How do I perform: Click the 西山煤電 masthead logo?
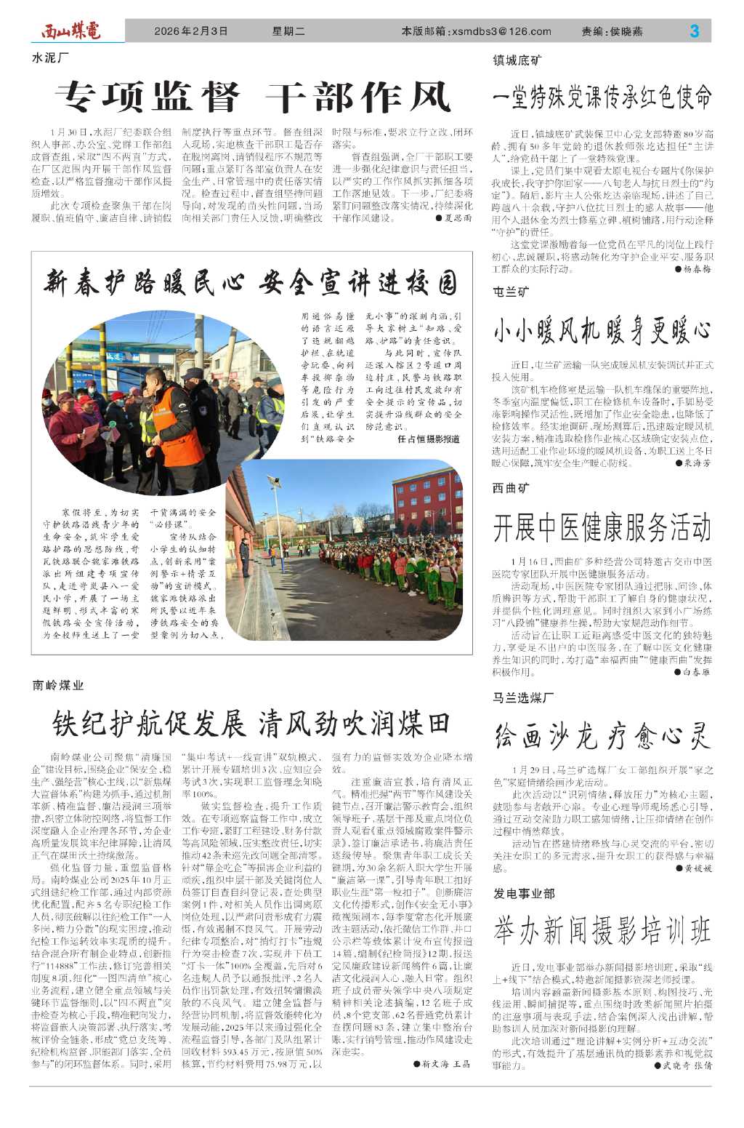point(70,31)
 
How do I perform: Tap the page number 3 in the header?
point(694,31)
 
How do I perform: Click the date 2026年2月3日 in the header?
point(191,31)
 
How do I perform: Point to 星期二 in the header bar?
point(288,31)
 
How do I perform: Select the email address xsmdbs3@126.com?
point(501,31)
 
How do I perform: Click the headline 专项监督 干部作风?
point(253,97)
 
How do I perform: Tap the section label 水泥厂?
point(51,57)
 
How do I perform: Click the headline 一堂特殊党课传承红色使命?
point(602,97)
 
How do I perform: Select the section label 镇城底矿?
point(517,60)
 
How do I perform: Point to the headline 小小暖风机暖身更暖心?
point(602,331)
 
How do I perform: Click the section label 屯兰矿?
point(511,292)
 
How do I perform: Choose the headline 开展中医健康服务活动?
point(602,527)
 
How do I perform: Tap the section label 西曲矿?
point(511,488)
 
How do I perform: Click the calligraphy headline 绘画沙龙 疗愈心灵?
point(602,736)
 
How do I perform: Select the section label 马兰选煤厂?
point(523,697)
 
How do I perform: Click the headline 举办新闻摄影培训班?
point(602,930)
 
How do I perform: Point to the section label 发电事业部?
point(523,892)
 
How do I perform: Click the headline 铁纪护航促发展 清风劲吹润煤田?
point(251,724)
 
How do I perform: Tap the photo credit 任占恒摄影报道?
point(429,439)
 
